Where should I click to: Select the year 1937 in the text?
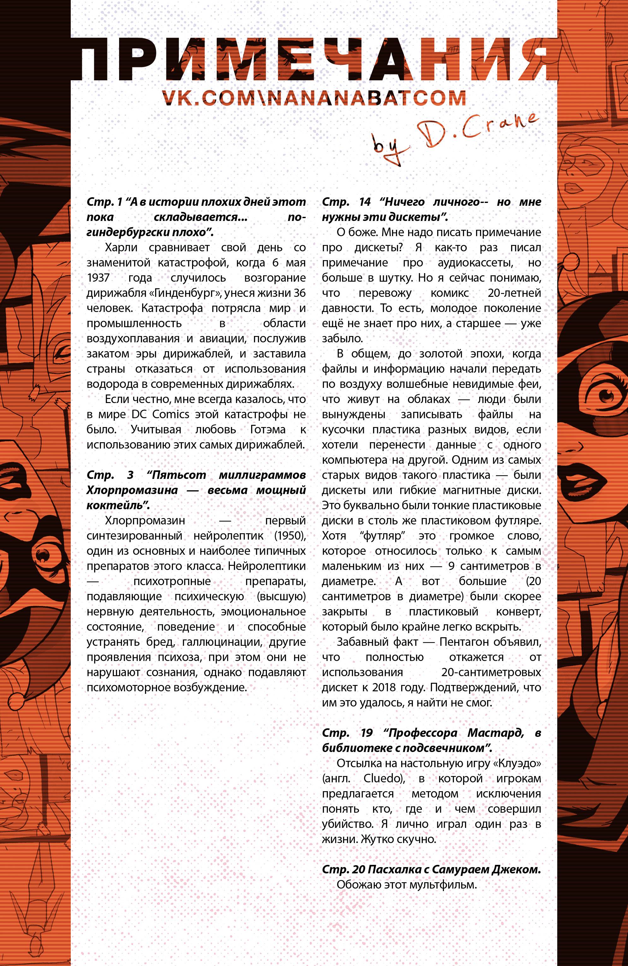pyautogui.click(x=98, y=278)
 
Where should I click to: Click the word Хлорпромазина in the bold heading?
pyautogui.click(x=132, y=490)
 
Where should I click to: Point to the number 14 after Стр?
pyautogui.click(x=365, y=202)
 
